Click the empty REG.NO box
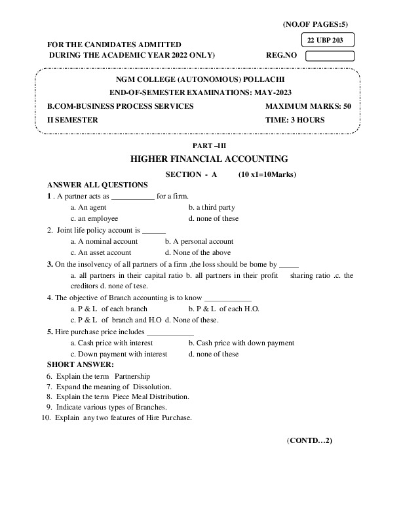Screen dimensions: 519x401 pyautogui.click(x=330, y=56)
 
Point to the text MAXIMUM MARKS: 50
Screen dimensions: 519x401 pyautogui.click(x=309, y=106)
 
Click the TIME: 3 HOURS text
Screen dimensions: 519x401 pyautogui.click(x=295, y=120)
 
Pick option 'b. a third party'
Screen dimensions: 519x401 pyautogui.click(x=212, y=208)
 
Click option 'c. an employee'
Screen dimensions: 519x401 pyautogui.click(x=94, y=219)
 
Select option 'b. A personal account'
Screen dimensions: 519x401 pyautogui.click(x=199, y=241)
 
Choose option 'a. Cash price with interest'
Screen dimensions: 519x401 pyautogui.click(x=111, y=343)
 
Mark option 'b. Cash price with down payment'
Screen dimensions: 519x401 pyautogui.click(x=241, y=343)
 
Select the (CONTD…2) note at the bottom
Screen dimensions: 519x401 pyautogui.click(x=310, y=440)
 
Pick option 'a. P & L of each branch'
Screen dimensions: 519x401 pyautogui.click(x=109, y=309)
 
